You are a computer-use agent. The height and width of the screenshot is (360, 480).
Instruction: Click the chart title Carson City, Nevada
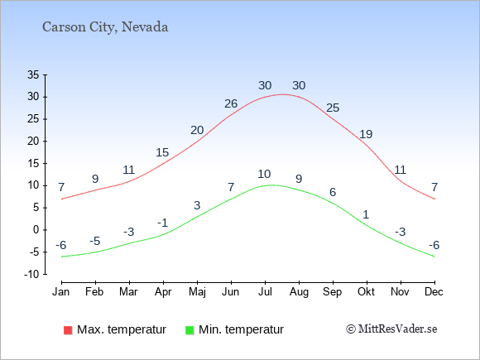click(105, 27)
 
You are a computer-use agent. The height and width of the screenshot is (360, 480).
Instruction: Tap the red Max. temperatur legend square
click(68, 330)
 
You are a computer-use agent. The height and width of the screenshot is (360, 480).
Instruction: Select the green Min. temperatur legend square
click(190, 330)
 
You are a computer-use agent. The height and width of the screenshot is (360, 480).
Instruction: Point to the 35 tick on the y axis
click(33, 74)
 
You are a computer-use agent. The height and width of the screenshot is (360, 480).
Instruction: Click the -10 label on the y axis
click(31, 274)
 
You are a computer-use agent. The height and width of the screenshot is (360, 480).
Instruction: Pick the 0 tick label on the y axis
click(36, 230)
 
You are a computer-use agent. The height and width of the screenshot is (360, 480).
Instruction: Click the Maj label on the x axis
click(197, 292)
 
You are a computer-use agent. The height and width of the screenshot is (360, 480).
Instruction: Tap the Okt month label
click(366, 292)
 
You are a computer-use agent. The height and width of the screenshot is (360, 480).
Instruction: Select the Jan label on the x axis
click(61, 292)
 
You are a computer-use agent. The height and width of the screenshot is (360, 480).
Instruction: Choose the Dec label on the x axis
click(434, 292)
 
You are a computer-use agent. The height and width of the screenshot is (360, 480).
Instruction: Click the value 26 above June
click(231, 103)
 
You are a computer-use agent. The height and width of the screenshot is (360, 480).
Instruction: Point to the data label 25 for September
click(333, 108)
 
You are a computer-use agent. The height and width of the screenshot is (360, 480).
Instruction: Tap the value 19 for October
click(366, 134)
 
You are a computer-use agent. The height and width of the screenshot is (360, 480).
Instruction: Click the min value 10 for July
click(264, 174)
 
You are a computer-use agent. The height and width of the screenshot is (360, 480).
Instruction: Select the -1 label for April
click(163, 223)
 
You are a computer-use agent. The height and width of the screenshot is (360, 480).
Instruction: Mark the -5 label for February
click(95, 241)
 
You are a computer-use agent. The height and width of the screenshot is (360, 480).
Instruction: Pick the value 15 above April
click(162, 152)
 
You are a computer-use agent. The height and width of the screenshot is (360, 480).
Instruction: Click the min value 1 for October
click(366, 214)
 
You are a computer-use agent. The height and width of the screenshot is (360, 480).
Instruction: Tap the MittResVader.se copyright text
click(391, 329)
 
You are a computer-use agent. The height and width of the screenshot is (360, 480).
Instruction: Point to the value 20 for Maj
click(197, 131)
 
